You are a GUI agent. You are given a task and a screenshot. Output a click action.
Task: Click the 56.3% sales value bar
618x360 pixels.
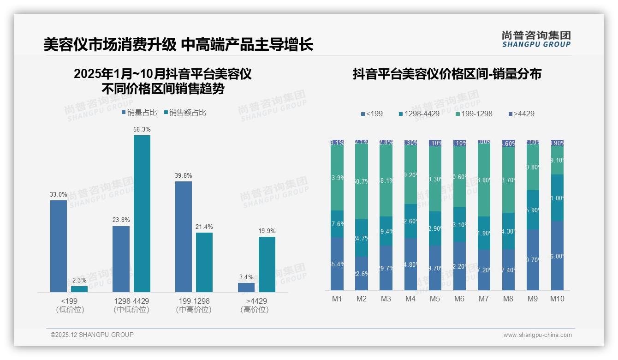coord(142,213)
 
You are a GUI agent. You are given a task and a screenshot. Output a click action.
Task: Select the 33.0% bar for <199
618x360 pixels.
coord(59,246)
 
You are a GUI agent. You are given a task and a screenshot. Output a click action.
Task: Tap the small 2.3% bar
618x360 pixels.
coord(79,289)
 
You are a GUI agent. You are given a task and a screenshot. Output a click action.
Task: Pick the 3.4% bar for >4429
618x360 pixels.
coord(246,287)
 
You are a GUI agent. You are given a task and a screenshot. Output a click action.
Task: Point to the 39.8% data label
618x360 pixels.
coord(184,176)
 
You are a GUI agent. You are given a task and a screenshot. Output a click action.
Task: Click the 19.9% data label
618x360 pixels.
coord(267,231)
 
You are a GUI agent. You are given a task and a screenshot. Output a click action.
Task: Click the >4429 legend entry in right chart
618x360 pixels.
coord(521,114)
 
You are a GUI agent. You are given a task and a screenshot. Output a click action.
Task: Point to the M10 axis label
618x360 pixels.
coord(557,299)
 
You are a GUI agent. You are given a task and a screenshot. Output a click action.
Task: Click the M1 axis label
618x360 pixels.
coord(337,299)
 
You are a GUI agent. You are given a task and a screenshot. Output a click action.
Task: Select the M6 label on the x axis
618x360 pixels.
coord(459,299)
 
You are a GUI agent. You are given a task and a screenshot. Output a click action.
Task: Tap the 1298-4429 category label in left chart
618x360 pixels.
coord(131,301)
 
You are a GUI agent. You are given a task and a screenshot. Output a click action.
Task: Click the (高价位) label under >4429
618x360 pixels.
coord(254,310)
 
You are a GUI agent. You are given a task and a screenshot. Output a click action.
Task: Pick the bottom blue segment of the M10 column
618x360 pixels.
coord(557,255)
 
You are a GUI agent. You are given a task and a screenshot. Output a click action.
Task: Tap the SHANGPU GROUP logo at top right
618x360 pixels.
coord(536,39)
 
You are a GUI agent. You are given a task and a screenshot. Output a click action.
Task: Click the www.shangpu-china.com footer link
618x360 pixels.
coord(537,335)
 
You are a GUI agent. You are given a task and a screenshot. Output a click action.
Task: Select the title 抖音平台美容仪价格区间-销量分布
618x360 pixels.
coord(447,74)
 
